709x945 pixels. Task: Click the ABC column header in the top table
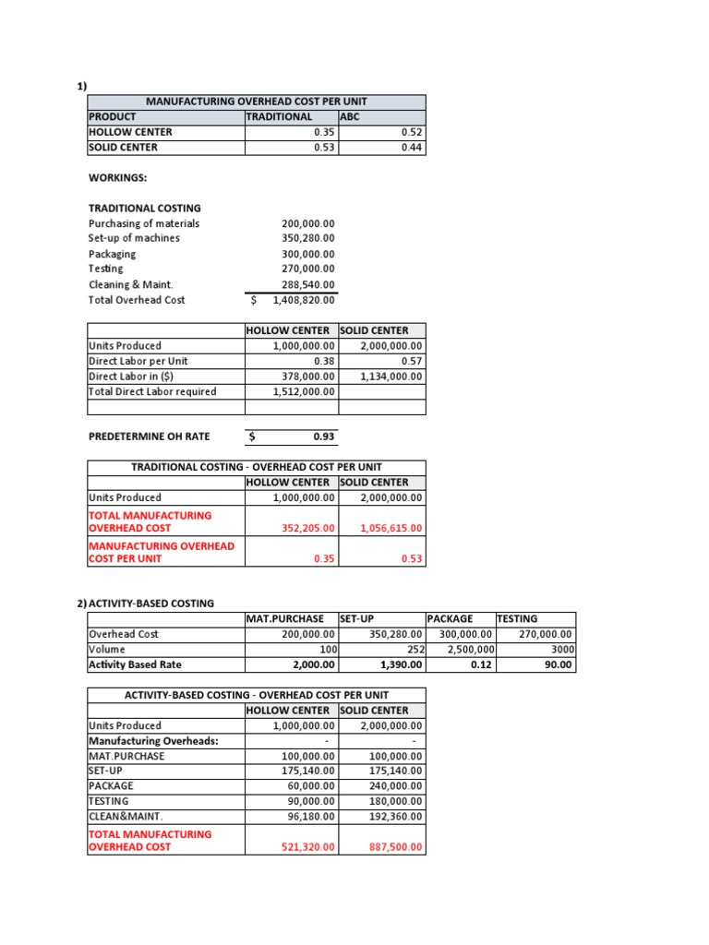pyautogui.click(x=352, y=117)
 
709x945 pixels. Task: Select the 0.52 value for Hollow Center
pyautogui.click(x=412, y=132)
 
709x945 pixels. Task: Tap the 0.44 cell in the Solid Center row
pyautogui.click(x=412, y=147)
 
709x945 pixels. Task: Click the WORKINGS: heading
pyautogui.click(x=117, y=177)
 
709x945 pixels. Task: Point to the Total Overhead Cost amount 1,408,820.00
pyautogui.click(x=305, y=300)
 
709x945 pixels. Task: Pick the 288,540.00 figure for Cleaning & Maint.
pyautogui.click(x=308, y=285)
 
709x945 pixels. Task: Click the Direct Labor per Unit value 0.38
pyautogui.click(x=324, y=361)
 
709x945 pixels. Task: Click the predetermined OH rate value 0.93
pyautogui.click(x=324, y=437)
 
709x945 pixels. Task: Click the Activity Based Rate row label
pyautogui.click(x=135, y=664)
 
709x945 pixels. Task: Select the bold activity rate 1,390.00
pyautogui.click(x=401, y=664)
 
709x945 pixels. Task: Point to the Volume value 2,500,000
pyautogui.click(x=467, y=650)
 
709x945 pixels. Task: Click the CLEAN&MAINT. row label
pyautogui.click(x=126, y=816)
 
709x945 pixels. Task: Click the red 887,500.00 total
pyautogui.click(x=394, y=846)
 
